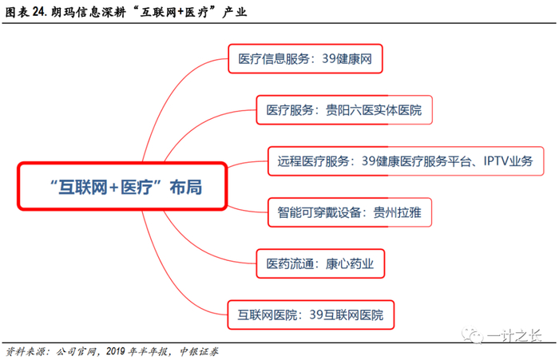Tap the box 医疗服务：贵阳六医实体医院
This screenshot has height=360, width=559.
344,109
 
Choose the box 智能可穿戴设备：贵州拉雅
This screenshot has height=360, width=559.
352,212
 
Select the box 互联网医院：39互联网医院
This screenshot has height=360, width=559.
310,314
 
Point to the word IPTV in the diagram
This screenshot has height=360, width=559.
496,160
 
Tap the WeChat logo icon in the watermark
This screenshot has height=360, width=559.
489,334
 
